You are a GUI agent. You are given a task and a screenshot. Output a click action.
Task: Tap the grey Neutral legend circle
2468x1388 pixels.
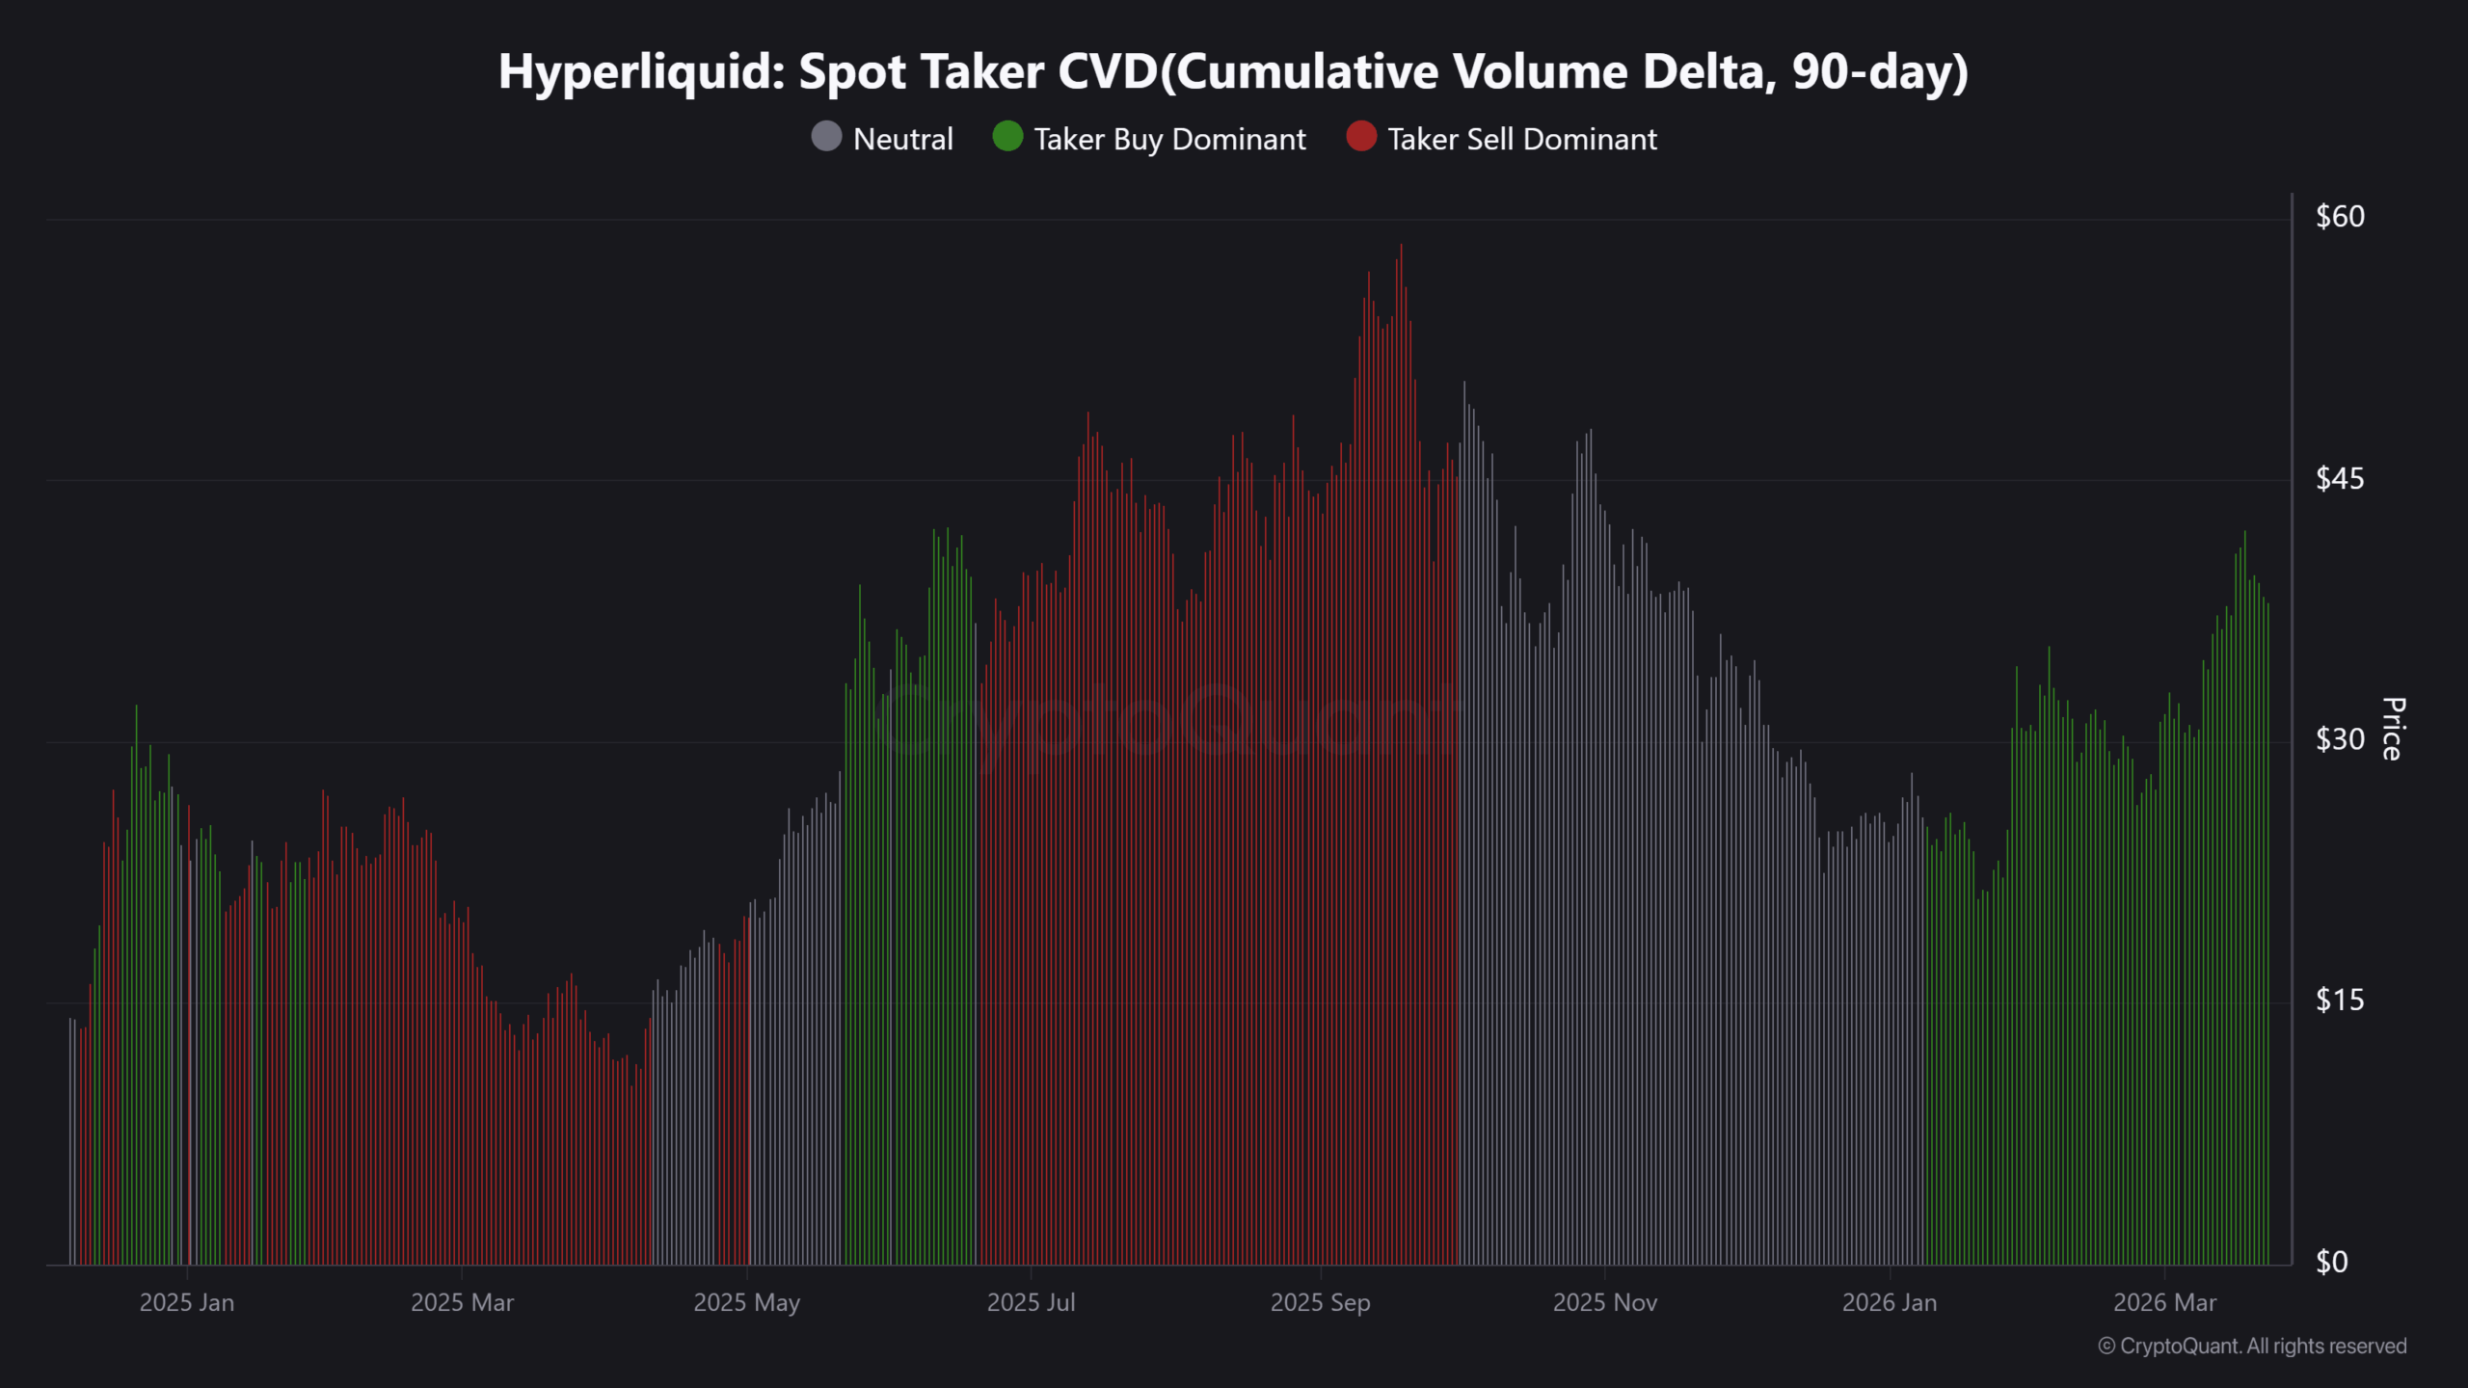(x=826, y=137)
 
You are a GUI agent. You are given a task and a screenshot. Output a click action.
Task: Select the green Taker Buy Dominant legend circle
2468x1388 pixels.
(x=1007, y=137)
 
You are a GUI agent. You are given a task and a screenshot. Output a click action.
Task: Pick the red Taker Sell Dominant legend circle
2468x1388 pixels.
(x=1361, y=137)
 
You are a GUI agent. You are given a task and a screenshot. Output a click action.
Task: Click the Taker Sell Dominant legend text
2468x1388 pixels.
(x=1522, y=140)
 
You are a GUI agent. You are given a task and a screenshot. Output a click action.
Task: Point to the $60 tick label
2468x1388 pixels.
(x=2340, y=217)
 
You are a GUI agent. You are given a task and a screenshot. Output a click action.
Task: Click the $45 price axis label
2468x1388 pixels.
(x=2340, y=478)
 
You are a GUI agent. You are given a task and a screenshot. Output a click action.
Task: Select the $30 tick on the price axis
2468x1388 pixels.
(x=2340, y=739)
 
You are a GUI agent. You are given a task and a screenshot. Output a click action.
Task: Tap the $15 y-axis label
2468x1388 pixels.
(x=2340, y=1001)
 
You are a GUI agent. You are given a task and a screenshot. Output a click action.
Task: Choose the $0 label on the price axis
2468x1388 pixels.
(x=2332, y=1262)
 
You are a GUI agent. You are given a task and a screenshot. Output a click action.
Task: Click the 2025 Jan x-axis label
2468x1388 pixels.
(x=187, y=1303)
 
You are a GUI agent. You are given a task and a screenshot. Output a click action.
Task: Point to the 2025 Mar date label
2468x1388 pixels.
(x=462, y=1303)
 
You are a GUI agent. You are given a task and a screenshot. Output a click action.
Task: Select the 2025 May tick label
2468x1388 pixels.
(x=747, y=1303)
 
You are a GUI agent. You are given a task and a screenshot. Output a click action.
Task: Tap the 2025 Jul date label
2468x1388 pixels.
(x=1031, y=1303)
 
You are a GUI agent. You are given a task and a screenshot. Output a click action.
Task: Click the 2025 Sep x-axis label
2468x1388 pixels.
(x=1320, y=1303)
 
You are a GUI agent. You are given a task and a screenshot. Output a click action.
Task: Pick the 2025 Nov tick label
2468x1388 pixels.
(x=1605, y=1303)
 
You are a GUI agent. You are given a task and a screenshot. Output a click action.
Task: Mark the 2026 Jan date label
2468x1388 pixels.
(x=1890, y=1303)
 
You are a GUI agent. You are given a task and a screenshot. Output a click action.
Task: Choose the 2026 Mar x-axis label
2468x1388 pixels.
(x=2165, y=1303)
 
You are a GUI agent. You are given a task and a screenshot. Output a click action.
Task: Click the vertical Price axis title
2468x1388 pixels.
(x=2393, y=730)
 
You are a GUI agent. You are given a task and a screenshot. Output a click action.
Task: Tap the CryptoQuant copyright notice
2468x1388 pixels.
(x=2252, y=1347)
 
